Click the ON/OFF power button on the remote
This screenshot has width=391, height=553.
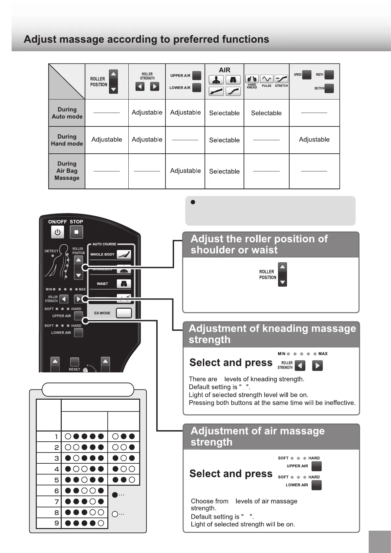57,232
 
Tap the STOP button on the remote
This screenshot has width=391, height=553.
76,232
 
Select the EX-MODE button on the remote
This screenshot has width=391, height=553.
124,313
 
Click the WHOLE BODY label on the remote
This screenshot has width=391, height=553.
102,254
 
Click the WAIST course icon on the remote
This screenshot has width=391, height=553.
124,284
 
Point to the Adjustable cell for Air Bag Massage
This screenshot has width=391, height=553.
185,171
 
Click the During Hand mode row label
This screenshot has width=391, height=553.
67,140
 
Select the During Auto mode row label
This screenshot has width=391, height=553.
67,113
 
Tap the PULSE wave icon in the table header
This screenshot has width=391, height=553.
266,79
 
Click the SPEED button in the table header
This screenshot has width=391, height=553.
307,75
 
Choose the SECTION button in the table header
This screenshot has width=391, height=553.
329,88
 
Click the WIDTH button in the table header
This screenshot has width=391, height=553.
329,75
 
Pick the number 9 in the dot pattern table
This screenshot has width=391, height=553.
56,523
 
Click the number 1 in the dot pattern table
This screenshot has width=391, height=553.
56,437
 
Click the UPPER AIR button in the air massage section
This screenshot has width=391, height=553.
316,466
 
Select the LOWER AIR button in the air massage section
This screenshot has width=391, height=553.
316,485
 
